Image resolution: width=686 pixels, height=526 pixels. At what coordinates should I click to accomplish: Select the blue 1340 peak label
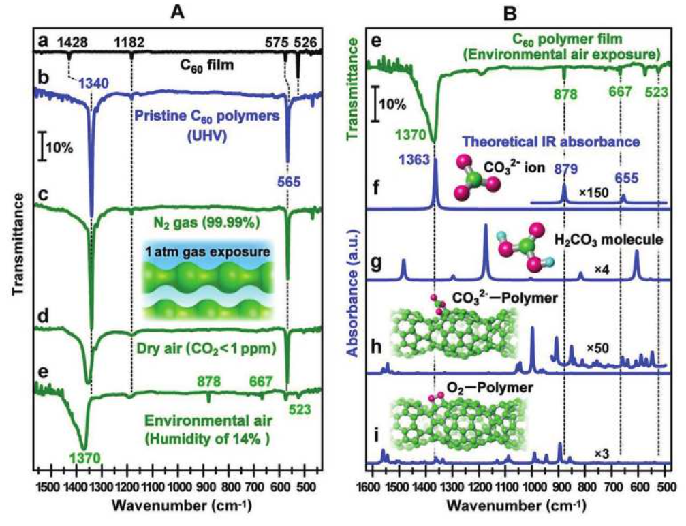click(x=95, y=84)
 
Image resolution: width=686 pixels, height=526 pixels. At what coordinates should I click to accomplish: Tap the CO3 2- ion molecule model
click(x=475, y=174)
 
